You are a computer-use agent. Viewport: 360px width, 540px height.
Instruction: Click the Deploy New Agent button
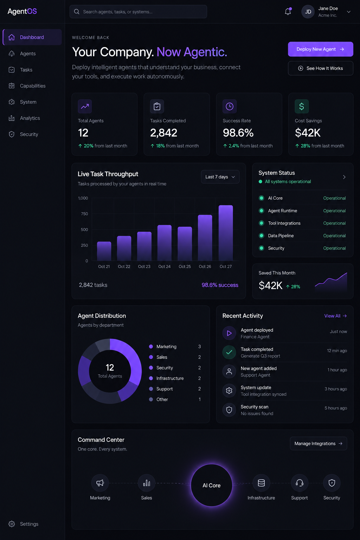point(321,49)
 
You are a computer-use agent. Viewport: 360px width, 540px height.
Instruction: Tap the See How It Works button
point(321,68)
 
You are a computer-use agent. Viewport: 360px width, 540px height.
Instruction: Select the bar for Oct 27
point(226,233)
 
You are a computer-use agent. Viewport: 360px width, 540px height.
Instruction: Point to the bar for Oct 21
point(104,251)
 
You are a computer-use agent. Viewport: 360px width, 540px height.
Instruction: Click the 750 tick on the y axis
point(84,214)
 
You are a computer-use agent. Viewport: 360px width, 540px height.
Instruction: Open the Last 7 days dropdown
point(220,177)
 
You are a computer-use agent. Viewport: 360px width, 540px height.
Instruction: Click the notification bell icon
point(288,12)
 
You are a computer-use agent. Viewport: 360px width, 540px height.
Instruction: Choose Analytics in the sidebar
point(30,118)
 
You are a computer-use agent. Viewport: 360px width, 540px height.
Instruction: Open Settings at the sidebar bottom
point(29,524)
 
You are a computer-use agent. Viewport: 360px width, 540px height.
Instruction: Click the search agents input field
point(138,12)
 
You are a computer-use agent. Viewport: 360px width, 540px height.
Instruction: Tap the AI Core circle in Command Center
point(212,485)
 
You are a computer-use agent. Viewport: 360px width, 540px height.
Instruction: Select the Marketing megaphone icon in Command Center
point(100,483)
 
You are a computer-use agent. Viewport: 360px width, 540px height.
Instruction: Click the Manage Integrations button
point(318,444)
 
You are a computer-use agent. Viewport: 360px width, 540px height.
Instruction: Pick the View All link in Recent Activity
point(335,316)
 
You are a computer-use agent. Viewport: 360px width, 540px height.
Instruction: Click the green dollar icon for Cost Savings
point(302,106)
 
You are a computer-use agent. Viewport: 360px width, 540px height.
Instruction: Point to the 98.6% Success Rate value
point(238,133)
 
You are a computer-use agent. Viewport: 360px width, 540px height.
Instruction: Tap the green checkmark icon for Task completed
point(229,352)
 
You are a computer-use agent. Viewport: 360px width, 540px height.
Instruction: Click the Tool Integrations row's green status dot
point(261,223)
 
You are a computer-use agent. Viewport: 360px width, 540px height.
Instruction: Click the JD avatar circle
point(308,12)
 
